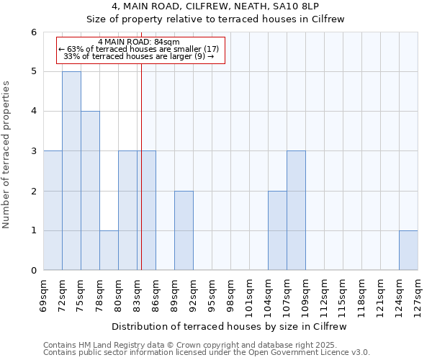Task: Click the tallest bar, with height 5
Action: (x=71, y=171)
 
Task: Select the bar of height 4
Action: (x=90, y=191)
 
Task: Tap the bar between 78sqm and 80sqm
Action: (x=109, y=251)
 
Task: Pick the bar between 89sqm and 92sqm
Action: (x=184, y=230)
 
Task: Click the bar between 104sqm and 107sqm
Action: (x=277, y=230)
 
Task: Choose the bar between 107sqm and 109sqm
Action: (x=296, y=210)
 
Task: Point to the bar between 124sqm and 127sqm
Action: (x=408, y=251)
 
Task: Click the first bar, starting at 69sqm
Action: (x=53, y=210)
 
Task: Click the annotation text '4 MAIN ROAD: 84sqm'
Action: (x=139, y=42)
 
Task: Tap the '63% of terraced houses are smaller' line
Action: (x=139, y=49)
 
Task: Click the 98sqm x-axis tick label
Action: (x=231, y=294)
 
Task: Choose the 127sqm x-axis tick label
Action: (x=418, y=294)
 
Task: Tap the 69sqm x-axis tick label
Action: (x=44, y=294)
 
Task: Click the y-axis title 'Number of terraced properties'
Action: (x=7, y=155)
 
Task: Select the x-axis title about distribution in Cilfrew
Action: (x=230, y=326)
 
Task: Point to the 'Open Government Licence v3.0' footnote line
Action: (x=207, y=353)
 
